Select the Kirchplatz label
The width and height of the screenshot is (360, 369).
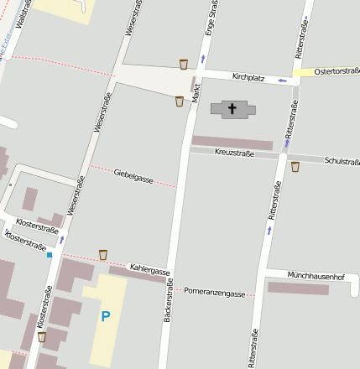pos(248,78)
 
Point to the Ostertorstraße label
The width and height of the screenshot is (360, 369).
pos(337,73)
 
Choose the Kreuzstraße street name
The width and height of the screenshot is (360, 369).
pos(234,153)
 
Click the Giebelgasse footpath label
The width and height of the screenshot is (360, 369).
pos(133,174)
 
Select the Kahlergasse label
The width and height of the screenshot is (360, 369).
pos(149,269)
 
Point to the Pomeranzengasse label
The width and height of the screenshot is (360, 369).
pos(215,294)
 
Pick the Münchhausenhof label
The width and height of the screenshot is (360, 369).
pos(316,276)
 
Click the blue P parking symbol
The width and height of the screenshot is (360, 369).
pos(105,316)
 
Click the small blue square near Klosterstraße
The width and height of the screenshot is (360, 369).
pos(50,254)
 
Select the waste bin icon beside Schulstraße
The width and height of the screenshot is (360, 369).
pos(295,167)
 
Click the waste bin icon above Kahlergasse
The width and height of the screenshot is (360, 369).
pos(103,254)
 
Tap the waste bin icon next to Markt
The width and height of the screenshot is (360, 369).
pos(179,101)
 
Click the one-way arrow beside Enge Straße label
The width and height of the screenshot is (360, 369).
pos(201,59)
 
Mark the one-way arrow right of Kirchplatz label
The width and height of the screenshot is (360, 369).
pos(282,81)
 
